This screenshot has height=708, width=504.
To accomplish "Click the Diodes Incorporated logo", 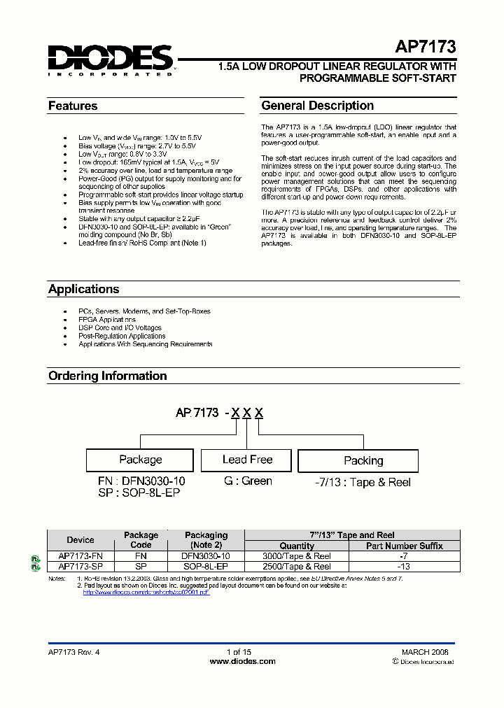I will [x=111, y=59].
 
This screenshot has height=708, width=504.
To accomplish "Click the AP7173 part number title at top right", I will [x=425, y=48].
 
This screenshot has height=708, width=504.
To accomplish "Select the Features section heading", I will [x=73, y=106].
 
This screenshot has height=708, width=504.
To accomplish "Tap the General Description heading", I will [x=317, y=106].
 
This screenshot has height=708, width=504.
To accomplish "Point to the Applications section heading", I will [x=83, y=290].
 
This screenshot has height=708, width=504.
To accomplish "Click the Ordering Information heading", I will [x=107, y=376].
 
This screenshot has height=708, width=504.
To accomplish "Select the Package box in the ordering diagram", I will [x=140, y=460].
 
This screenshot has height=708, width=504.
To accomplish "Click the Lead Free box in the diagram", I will [x=247, y=460].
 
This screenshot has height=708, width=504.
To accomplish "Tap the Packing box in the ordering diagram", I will [x=363, y=460].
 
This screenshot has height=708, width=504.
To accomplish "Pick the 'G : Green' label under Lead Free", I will [x=247, y=481].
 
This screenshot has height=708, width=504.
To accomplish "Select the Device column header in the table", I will [x=80, y=540].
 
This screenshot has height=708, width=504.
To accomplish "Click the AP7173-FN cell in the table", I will [x=80, y=556].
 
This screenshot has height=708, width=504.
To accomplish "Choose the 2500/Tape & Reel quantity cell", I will [x=297, y=567].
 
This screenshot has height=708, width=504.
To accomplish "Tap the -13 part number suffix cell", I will [x=404, y=567].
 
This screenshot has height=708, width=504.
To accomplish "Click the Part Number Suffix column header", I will [x=404, y=546].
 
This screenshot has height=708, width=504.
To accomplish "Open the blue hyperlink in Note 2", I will [x=146, y=593].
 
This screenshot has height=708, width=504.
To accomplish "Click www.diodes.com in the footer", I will [x=243, y=661].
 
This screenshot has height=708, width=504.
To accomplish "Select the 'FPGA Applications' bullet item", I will [x=107, y=320].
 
